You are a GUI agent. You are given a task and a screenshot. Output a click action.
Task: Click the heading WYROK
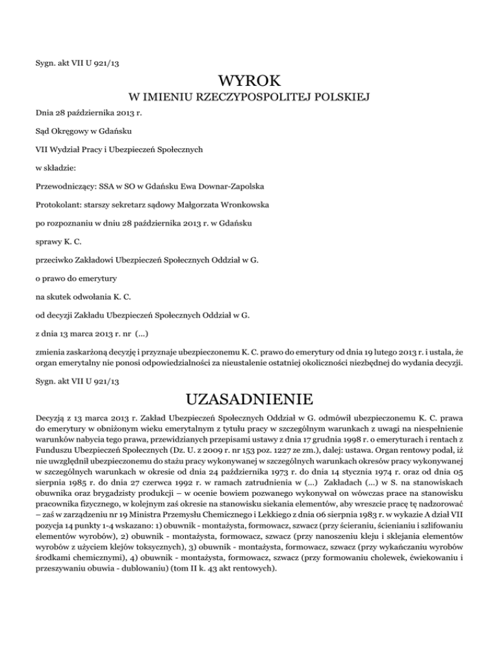249,83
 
